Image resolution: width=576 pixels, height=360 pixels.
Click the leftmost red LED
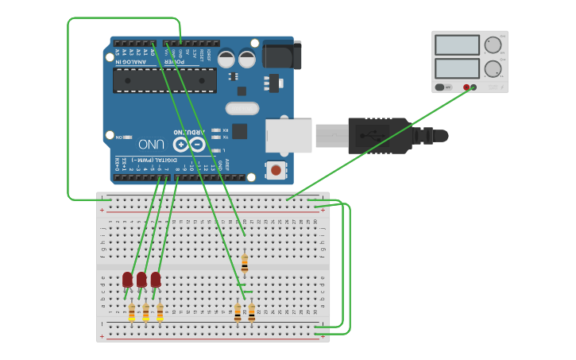127,280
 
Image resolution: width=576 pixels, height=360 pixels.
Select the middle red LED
141,280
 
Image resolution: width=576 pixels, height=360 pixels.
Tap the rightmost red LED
156,280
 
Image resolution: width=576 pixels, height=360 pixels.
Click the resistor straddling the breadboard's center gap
245,263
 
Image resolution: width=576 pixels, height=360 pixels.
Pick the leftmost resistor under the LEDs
131,313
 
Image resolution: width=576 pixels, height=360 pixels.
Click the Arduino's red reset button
276,169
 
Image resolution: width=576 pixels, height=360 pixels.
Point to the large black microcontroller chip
164,80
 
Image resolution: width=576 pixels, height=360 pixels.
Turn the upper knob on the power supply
493,45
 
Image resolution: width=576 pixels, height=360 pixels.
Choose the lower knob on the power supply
493,68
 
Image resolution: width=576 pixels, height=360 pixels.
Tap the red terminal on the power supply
466,87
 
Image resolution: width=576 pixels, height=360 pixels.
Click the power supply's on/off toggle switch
439,87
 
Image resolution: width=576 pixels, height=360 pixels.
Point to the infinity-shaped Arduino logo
189,145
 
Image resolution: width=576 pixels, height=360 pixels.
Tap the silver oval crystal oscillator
242,108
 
